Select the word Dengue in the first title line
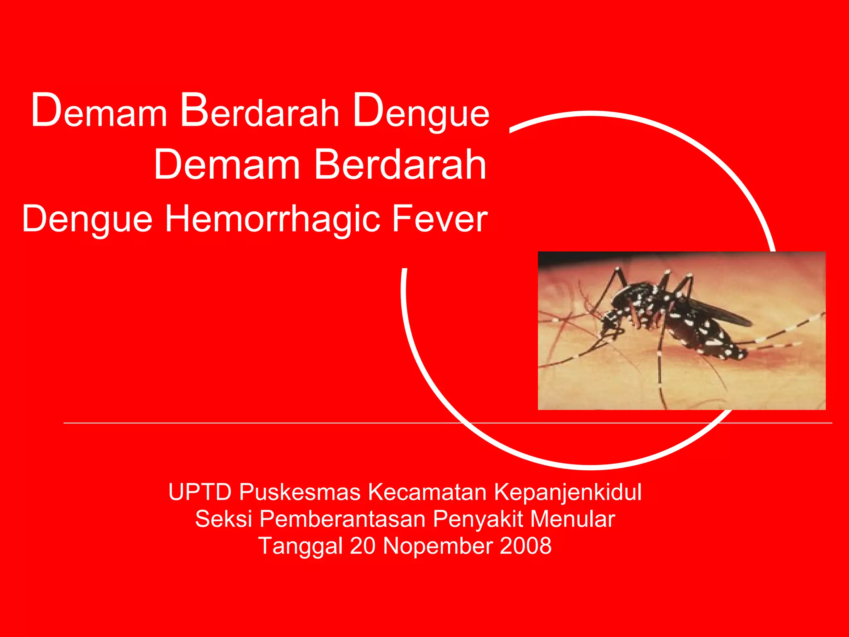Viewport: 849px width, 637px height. point(421,111)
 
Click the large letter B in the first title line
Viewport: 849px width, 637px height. point(194,110)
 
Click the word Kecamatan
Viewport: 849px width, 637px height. point(427,492)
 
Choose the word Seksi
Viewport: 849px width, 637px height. point(223,519)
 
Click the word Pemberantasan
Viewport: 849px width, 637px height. point(342,519)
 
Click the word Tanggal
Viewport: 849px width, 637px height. point(300,546)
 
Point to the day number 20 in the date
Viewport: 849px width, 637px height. point(362,546)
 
